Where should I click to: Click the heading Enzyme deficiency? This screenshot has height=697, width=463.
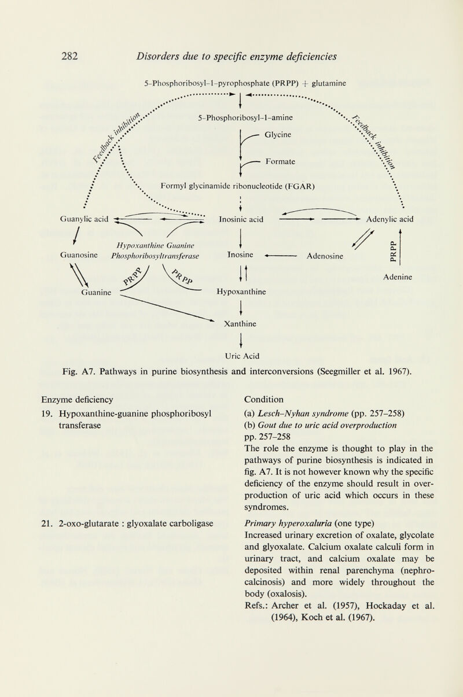tap(77, 399)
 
